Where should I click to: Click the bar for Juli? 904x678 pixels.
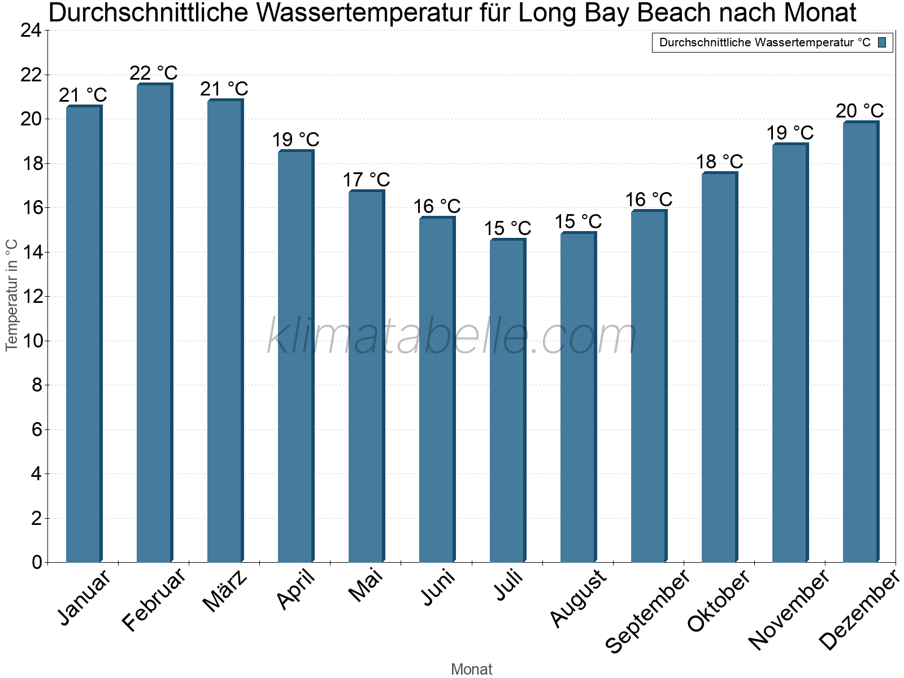tap(507, 401)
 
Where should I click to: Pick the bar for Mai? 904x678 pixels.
tap(366, 376)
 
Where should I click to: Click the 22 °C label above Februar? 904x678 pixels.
tap(154, 73)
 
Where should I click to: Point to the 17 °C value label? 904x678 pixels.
tap(366, 180)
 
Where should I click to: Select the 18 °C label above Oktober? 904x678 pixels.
tap(719, 162)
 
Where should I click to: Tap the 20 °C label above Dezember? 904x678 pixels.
tap(860, 111)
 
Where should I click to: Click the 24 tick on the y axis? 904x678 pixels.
tap(31, 31)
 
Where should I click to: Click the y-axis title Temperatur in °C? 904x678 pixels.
tap(12, 295)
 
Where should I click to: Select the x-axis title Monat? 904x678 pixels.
tap(472, 670)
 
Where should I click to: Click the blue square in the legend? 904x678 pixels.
tap(882, 42)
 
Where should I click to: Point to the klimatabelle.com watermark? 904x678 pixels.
tap(452, 336)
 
